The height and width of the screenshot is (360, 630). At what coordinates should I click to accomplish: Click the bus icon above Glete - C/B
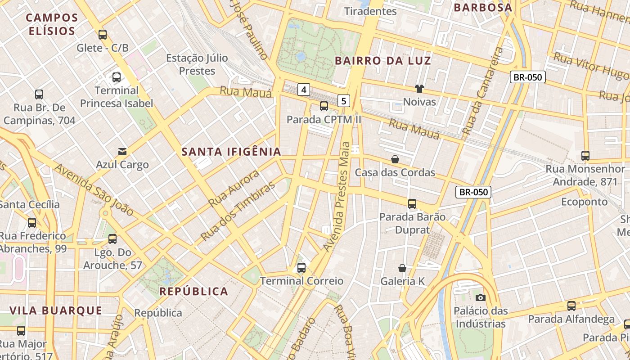point(103,34)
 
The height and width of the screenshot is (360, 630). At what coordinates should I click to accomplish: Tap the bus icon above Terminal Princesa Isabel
point(117,77)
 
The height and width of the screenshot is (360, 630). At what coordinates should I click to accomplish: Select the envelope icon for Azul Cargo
point(122,151)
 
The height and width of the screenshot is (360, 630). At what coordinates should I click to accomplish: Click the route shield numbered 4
point(304,90)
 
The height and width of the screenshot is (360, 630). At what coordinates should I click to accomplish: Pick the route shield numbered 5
point(344,101)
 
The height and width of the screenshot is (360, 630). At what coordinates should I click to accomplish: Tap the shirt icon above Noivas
point(419,88)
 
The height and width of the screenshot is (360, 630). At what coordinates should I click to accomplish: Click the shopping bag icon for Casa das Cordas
point(395,159)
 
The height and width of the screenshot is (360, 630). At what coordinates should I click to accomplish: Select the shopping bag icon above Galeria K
point(402,268)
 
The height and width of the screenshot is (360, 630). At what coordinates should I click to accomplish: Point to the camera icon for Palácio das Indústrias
point(480,297)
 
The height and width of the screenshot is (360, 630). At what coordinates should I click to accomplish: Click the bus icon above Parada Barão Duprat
point(412,203)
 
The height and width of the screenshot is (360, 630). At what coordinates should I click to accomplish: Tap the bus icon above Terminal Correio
point(301,268)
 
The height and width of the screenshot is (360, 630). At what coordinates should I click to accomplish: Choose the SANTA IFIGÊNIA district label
point(231,152)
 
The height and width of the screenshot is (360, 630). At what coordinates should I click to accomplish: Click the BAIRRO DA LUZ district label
point(383,61)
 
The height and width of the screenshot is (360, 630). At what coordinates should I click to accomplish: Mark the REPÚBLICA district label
point(194,291)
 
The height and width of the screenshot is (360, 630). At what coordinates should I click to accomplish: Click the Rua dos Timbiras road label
point(237,211)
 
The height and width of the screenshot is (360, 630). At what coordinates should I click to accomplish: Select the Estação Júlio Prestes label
point(197,64)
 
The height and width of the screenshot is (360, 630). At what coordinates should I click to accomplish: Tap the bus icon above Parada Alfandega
point(571,306)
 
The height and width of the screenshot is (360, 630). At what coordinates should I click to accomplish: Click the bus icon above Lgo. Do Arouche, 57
point(112,238)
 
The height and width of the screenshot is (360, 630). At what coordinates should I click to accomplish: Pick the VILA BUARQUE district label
point(56,310)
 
